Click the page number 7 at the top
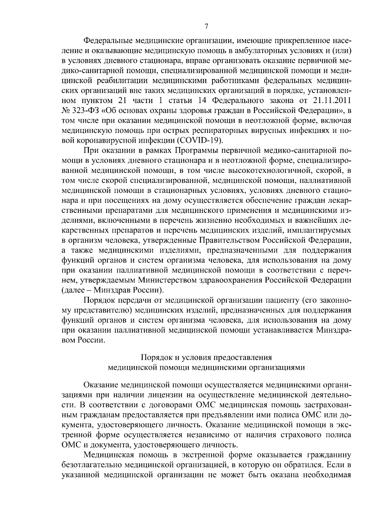tap(206, 27)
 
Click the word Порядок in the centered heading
tap(153, 357)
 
